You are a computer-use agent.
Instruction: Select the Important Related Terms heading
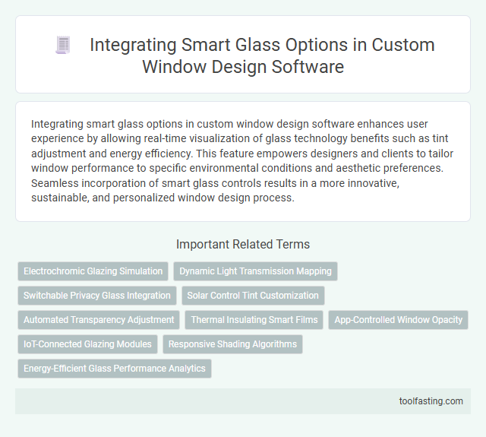[243, 245]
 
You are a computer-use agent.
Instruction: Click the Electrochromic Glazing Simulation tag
[93, 271]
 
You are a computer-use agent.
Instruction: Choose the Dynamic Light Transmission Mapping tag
[255, 271]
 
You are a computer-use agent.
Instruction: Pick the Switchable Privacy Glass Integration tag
[97, 296]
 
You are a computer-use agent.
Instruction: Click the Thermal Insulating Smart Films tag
[254, 320]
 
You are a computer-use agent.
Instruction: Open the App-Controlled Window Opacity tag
[399, 320]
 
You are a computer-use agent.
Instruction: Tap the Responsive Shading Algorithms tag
[232, 344]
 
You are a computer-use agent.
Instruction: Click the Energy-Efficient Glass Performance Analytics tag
[115, 369]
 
